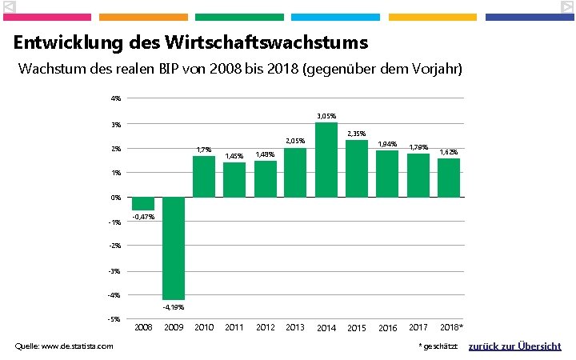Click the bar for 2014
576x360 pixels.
pos(326,160)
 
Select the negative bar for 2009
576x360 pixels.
pos(174,248)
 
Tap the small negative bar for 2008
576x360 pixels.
pos(143,203)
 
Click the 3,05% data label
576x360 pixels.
pos(326,117)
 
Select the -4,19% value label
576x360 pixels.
pos(174,306)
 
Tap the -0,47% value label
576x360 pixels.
pos(144,217)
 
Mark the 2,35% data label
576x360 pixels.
pos(356,134)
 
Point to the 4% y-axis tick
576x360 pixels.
pos(116,98)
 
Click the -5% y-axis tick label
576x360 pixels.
pos(115,319)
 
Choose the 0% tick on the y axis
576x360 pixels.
pos(116,197)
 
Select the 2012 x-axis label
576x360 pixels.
pos(266,327)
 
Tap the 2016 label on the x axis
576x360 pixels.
pos(388,328)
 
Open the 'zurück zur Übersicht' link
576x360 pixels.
pos(514,346)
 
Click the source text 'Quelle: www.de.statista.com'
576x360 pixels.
pos(64,346)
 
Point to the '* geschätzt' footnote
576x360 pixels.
pos(438,346)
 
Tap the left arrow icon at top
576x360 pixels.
pos(9,7)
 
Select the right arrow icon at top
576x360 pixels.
pos(566,7)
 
